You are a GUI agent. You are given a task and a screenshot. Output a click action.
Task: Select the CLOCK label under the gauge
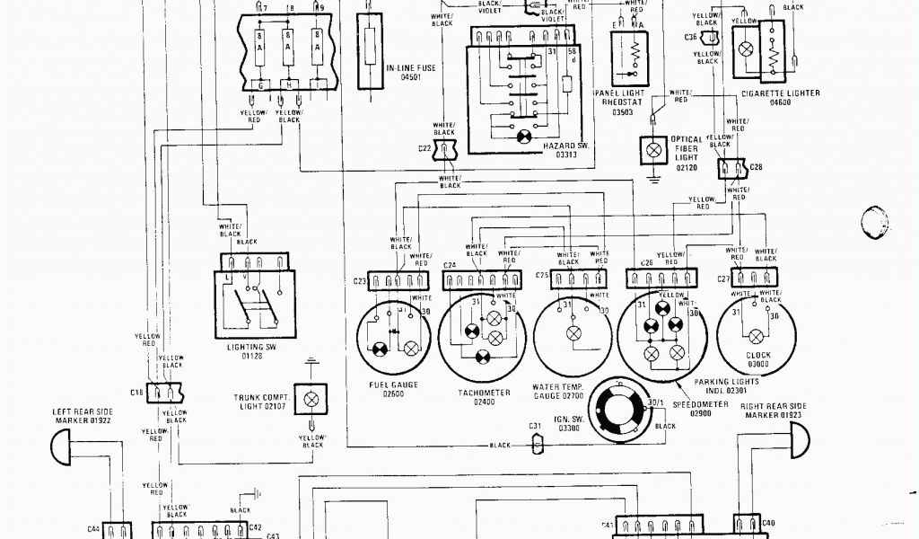tap(758, 364)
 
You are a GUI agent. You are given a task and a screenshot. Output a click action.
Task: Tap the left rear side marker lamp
tap(63, 441)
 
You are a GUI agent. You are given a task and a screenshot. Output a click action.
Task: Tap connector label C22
tap(424, 148)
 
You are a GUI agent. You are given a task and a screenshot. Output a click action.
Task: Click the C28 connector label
tap(756, 167)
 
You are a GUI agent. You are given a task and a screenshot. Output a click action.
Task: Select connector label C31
tap(534, 425)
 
